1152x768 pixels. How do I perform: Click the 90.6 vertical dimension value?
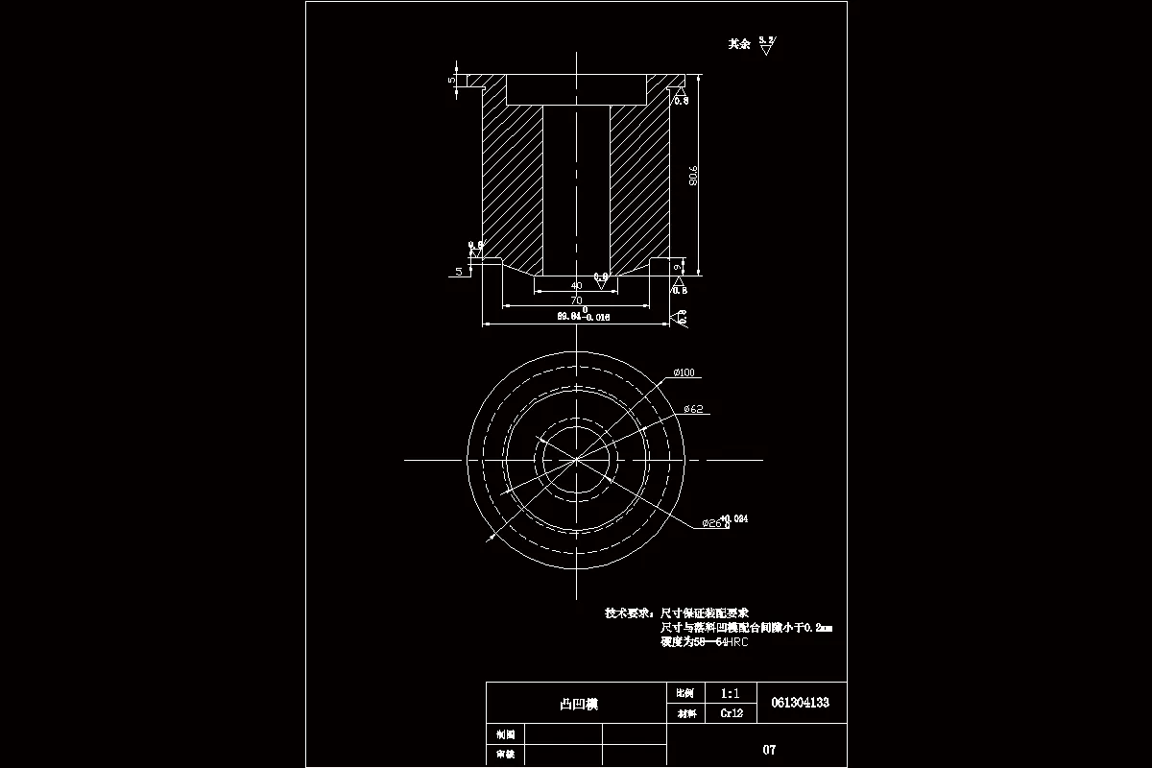tap(693, 176)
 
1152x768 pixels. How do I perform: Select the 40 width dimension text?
tap(576, 285)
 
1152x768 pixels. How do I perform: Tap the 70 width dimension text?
tap(576, 300)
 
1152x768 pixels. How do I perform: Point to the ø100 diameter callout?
tap(684, 372)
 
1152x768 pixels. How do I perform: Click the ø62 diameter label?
tap(693, 409)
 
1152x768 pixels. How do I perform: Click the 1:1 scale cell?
tap(730, 692)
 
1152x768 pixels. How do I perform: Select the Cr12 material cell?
tap(730, 713)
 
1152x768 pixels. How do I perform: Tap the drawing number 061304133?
tap(800, 703)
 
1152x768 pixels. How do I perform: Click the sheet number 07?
tap(769, 750)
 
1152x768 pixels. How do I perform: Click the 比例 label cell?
tap(685, 692)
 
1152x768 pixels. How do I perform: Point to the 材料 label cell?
tap(685, 713)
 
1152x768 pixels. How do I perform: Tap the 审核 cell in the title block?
tap(505, 756)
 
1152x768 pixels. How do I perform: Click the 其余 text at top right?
tap(738, 44)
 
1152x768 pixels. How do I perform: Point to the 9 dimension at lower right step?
tap(679, 266)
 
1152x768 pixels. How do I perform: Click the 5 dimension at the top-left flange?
tap(452, 80)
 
